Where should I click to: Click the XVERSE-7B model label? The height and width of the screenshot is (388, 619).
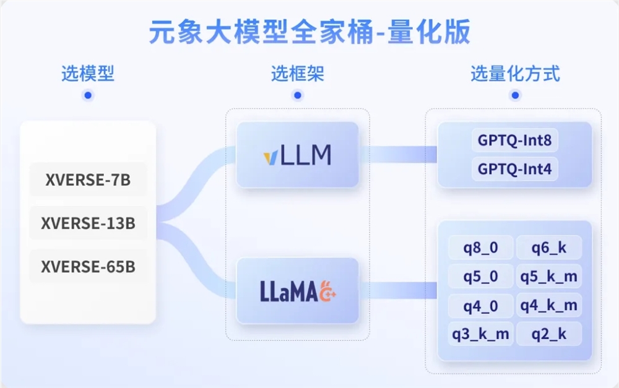coord(88,179)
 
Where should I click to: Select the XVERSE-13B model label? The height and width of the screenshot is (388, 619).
coord(88,223)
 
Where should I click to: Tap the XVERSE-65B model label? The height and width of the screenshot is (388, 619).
coord(88,267)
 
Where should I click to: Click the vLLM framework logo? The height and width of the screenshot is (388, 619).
coord(297,155)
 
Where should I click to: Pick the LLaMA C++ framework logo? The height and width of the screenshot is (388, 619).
coord(298,291)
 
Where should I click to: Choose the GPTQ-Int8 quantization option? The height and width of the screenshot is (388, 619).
coord(514,140)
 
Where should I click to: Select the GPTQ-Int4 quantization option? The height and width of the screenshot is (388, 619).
coord(514,168)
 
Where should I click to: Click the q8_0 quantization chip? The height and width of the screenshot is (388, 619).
coord(481,248)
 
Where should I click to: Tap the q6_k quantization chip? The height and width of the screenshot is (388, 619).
coord(548,248)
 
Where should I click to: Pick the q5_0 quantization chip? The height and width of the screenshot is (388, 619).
coord(481,277)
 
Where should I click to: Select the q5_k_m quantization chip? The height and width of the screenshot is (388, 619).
coord(548,277)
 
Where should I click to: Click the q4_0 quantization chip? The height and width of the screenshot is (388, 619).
coord(481,305)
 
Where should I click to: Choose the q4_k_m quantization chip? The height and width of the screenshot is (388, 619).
coord(548,305)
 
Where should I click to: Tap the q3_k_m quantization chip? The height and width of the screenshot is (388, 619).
coord(481,334)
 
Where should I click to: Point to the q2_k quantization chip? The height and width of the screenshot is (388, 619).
coord(548,334)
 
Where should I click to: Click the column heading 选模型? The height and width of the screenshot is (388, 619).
coord(88,74)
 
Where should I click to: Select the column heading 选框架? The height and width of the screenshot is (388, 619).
coord(298,74)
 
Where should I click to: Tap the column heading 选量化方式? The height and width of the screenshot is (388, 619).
coord(515,74)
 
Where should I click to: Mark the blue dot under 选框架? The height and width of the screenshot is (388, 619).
coord(298,95)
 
